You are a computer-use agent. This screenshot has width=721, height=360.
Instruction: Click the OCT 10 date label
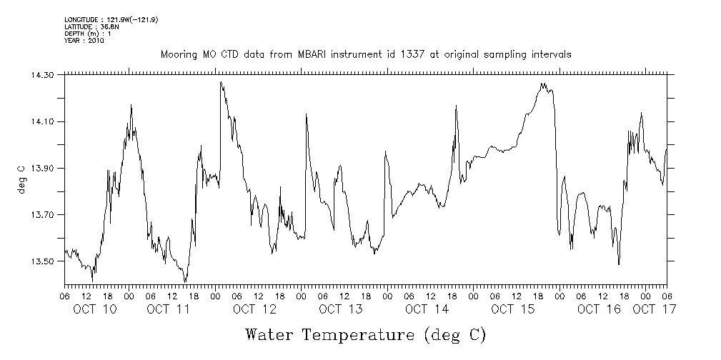(96, 309)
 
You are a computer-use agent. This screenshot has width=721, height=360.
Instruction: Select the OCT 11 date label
(169, 309)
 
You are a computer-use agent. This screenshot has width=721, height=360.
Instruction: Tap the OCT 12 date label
(254, 309)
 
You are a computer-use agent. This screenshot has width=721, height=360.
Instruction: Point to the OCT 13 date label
(341, 309)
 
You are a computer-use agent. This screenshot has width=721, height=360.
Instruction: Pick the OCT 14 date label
(427, 309)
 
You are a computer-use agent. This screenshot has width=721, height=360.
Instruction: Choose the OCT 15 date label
(513, 309)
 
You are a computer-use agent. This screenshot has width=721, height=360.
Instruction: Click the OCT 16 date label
(599, 309)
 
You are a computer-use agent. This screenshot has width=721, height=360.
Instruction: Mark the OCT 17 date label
(655, 309)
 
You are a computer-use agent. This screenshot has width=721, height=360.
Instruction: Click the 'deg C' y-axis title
(21, 179)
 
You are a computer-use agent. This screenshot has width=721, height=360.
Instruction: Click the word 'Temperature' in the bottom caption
(359, 334)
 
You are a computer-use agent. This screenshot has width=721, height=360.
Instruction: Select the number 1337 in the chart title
(412, 54)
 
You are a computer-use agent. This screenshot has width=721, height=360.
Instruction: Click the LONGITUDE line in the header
(111, 19)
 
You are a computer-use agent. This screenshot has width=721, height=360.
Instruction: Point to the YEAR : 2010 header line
(84, 41)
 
